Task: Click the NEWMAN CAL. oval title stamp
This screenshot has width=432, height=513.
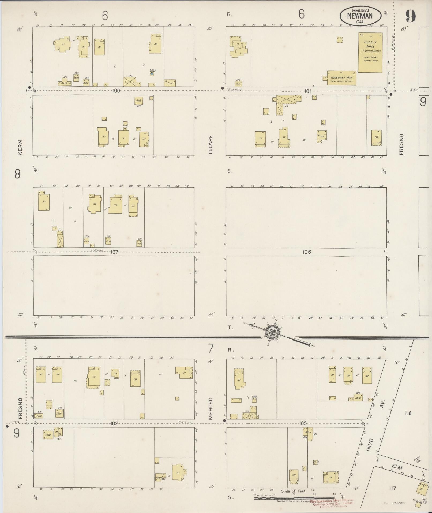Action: pos(360,16)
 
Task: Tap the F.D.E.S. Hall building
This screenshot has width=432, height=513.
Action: pos(370,53)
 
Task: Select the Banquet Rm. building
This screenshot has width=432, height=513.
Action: pos(341,78)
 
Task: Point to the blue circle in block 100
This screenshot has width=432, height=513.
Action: pos(152,73)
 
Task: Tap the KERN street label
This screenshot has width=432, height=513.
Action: pos(20,147)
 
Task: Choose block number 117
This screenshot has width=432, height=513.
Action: pos(393,488)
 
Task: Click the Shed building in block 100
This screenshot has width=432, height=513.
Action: pos(170,83)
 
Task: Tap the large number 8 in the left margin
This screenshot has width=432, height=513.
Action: pos(18,175)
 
